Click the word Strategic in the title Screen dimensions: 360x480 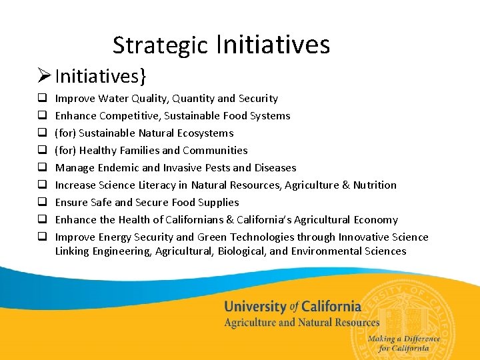tap(160, 45)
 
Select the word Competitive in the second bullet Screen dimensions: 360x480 tap(129, 116)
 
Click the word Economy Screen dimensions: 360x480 tap(376, 220)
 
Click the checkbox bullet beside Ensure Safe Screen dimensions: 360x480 tap(41, 203)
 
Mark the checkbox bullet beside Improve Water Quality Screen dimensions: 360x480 tap(41, 99)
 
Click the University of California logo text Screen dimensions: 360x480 tap(292, 307)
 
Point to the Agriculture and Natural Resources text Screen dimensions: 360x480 tap(301, 323)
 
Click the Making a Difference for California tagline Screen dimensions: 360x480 tap(403, 343)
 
